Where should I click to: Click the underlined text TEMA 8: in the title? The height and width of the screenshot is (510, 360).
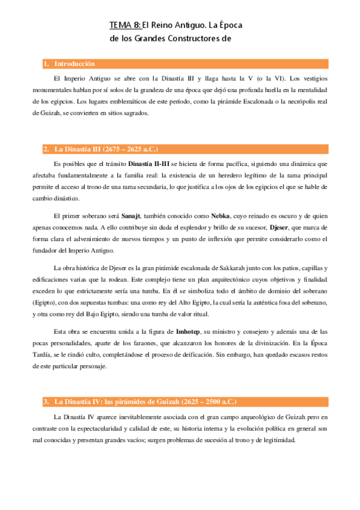tap(125, 25)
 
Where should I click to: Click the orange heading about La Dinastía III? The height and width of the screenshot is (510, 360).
tap(106, 149)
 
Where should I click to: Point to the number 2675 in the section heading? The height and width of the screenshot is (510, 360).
tap(113, 149)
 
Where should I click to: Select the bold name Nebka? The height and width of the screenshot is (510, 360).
tap(221, 216)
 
